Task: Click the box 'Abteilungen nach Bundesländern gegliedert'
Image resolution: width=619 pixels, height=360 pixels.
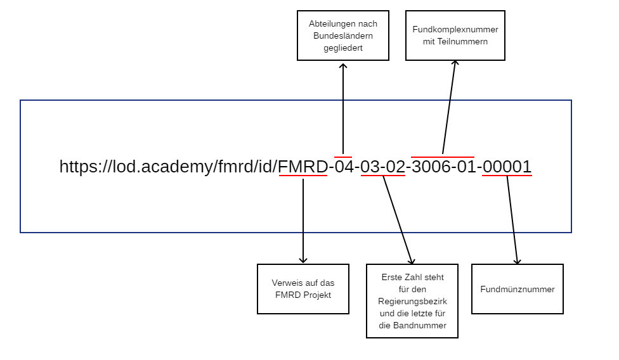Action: point(342,35)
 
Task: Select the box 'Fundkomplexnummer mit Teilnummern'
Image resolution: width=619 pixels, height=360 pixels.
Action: point(455,35)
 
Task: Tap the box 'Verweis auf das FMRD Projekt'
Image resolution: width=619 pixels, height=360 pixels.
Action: point(303,289)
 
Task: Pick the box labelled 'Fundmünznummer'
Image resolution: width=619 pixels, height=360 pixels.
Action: point(517,289)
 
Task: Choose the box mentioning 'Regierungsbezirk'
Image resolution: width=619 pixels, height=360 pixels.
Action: point(412,301)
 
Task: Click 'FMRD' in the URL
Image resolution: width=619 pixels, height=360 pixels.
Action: point(303,167)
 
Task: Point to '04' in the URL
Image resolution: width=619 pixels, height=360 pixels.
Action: point(344,167)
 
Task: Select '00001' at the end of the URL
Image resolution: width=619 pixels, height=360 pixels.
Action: point(507,167)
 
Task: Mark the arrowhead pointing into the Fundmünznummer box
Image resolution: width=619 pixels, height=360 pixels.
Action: point(517,260)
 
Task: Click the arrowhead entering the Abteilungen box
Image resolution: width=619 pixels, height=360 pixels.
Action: point(343,65)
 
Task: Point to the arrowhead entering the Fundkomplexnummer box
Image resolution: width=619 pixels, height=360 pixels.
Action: point(455,65)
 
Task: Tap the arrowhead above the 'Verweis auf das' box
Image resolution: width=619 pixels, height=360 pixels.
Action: point(303,260)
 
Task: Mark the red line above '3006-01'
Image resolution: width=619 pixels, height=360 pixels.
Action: point(442,157)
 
